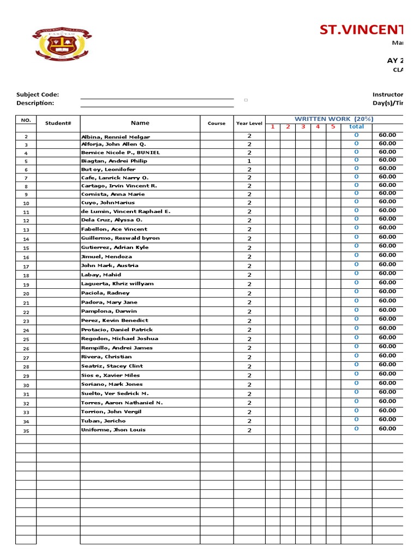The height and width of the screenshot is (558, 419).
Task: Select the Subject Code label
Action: point(38,94)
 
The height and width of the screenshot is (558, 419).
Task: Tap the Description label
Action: point(35,103)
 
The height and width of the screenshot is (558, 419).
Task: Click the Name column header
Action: point(140,123)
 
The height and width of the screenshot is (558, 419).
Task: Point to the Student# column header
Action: point(58,123)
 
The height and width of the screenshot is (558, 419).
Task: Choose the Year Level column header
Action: point(249,123)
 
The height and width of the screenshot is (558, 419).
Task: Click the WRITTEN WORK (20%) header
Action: point(334,119)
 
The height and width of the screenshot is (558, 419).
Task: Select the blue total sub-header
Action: point(356,126)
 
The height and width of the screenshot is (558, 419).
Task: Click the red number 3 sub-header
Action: point(303,126)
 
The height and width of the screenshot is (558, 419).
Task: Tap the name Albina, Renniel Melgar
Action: point(115,137)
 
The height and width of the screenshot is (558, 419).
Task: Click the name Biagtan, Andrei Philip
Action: point(114,161)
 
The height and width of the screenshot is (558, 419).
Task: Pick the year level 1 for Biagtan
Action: point(249,161)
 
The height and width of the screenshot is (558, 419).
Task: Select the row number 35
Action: point(26,430)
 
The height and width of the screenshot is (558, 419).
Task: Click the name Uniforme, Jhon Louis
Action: point(113,430)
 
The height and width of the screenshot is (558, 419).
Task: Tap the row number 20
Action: point(26,294)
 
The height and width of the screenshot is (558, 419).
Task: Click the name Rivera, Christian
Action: point(106,357)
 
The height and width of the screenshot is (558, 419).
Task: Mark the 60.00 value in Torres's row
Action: point(387,401)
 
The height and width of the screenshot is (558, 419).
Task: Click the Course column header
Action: point(217,123)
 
